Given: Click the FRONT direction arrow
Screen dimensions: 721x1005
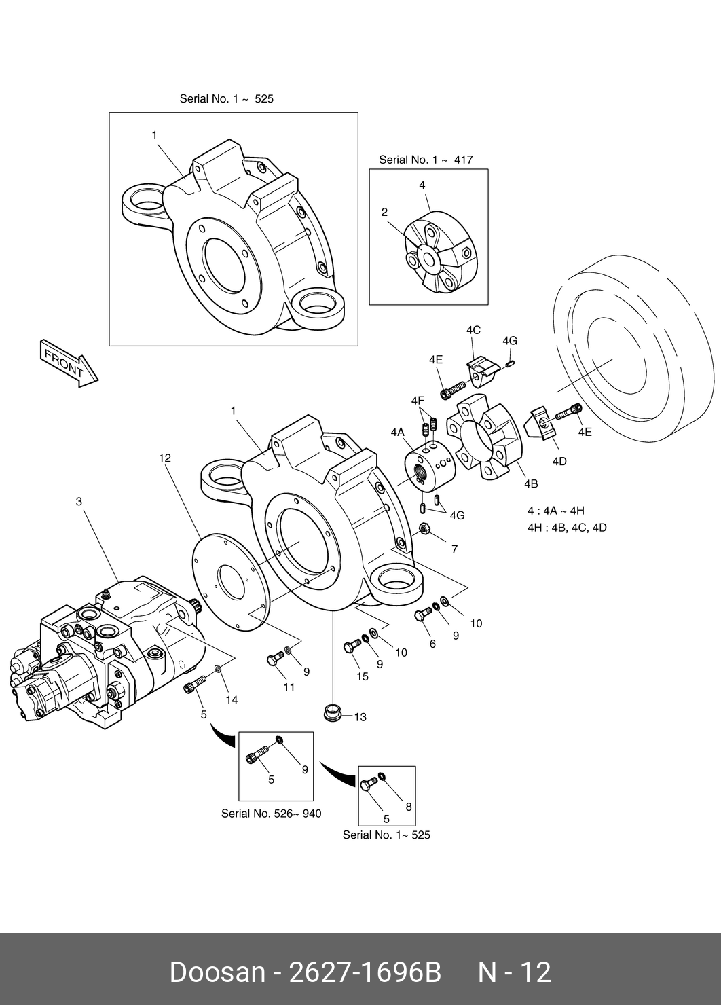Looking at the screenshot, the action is coord(69,363).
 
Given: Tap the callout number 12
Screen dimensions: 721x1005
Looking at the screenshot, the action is coord(165,458).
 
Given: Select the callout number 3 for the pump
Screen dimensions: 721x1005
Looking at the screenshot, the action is coord(79,502).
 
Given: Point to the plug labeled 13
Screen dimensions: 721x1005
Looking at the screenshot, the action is coord(333,713).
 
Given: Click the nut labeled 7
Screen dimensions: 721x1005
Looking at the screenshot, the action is coord(424,530).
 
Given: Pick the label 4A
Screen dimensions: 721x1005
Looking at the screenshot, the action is coord(398,432).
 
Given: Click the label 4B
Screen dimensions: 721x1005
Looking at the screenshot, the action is coord(531,483).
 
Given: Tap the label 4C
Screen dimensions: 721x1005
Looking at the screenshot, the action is coord(473,330).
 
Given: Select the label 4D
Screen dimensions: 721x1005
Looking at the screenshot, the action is coord(559,461).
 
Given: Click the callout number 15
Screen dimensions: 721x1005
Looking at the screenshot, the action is coord(363,676).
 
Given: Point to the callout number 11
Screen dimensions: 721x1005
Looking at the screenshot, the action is coord(289,687).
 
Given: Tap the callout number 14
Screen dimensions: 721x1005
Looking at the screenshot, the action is coord(232,700).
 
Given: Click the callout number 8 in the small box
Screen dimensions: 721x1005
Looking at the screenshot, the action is coord(409,807).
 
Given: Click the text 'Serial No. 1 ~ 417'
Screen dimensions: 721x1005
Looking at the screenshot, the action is coord(426,160).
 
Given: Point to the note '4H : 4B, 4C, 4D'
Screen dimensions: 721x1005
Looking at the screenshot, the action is coord(567,528).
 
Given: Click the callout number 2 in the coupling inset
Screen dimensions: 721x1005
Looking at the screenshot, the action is coord(384,213).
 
